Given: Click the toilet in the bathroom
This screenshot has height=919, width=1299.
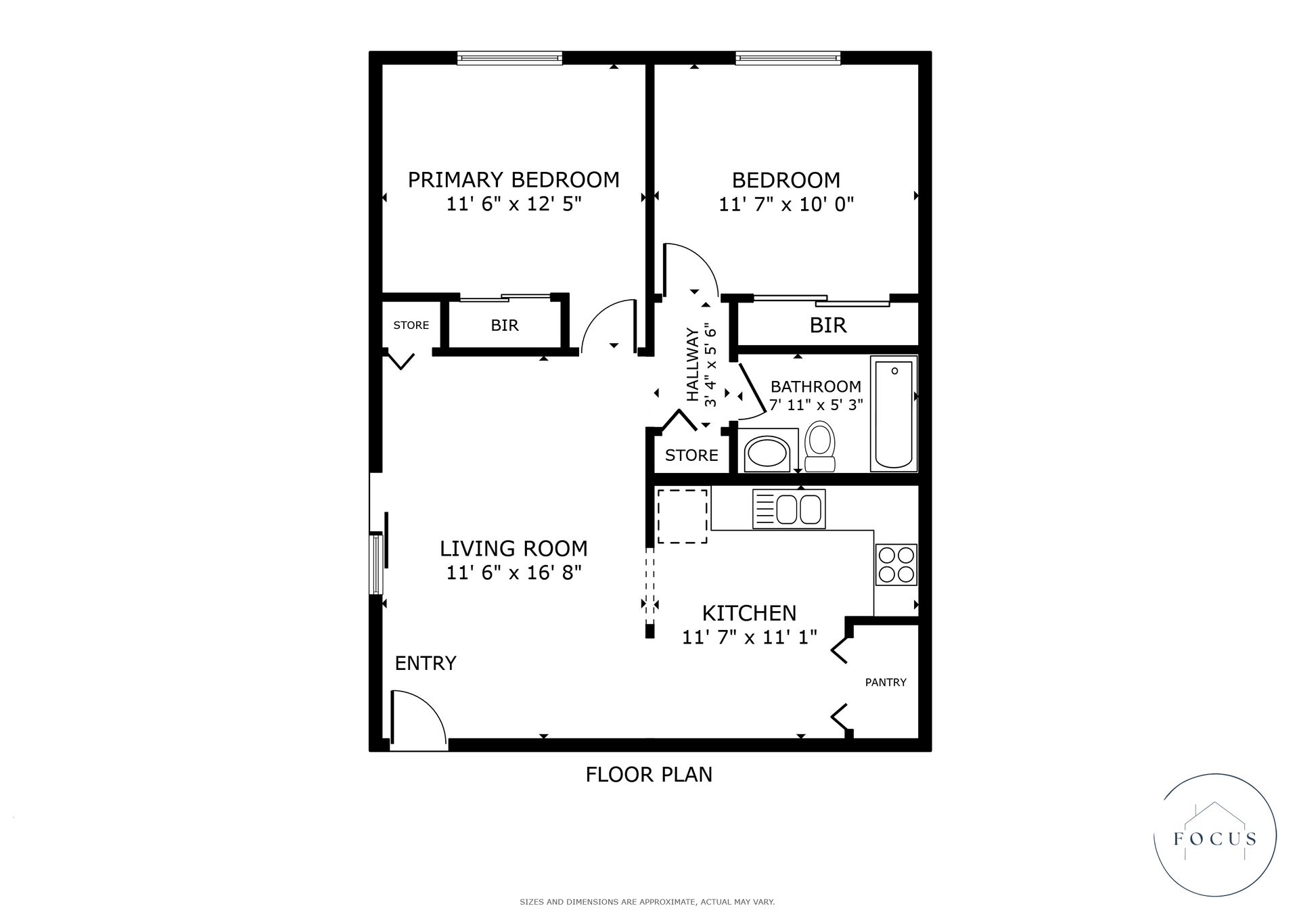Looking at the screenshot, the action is pyautogui.click(x=821, y=446).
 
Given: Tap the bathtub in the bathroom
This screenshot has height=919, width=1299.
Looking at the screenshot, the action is pyautogui.click(x=894, y=413).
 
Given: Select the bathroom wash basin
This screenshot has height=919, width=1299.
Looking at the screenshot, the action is pyautogui.click(x=767, y=453).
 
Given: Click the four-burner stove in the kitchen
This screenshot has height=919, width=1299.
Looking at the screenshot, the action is pyautogui.click(x=896, y=564).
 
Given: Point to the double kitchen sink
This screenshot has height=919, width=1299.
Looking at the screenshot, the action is pyautogui.click(x=789, y=509).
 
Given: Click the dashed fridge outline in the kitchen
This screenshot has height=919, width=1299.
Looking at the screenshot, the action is pyautogui.click(x=682, y=516).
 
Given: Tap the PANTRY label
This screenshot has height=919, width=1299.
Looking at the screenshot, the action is pyautogui.click(x=886, y=682).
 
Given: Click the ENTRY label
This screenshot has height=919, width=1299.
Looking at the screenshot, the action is pyautogui.click(x=426, y=663).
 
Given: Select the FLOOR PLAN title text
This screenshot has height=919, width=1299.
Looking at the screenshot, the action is pyautogui.click(x=649, y=774).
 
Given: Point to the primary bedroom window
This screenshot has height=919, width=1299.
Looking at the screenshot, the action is pyautogui.click(x=509, y=58).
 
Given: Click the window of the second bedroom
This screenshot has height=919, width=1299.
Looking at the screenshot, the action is pyautogui.click(x=788, y=58).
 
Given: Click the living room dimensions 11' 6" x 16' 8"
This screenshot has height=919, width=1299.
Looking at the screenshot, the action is pyautogui.click(x=514, y=573).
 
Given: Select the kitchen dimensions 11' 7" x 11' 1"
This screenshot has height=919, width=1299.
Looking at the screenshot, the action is pyautogui.click(x=750, y=637).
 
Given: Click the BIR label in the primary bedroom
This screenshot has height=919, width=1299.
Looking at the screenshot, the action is pyautogui.click(x=505, y=326).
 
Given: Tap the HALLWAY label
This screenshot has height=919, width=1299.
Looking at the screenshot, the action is pyautogui.click(x=692, y=365).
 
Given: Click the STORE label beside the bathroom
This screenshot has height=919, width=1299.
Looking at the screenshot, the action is pyautogui.click(x=691, y=455).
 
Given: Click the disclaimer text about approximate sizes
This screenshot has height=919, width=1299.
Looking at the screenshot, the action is pyautogui.click(x=647, y=902).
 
